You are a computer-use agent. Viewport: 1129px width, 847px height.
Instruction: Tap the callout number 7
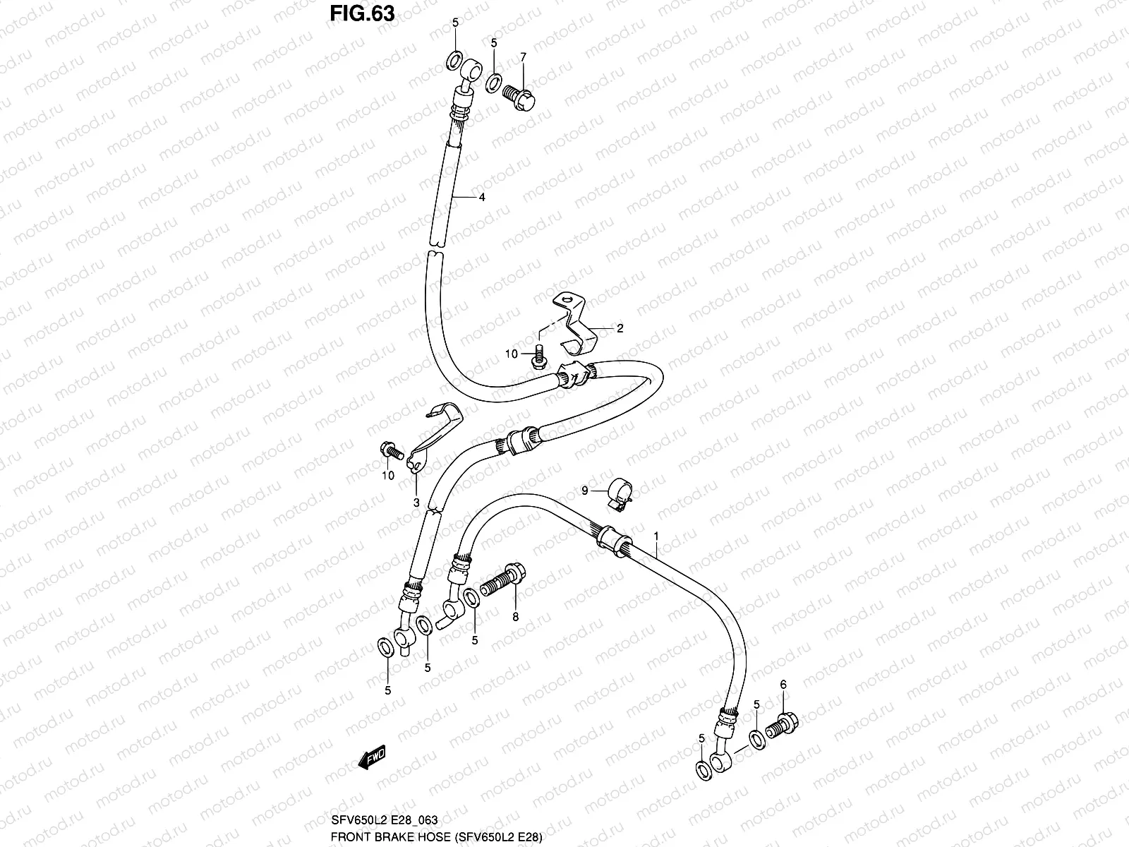(523, 56)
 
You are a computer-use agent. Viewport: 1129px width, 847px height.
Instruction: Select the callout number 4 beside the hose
(482, 198)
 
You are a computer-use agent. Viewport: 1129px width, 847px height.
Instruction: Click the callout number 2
(620, 328)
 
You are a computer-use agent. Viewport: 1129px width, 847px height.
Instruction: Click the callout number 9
(584, 490)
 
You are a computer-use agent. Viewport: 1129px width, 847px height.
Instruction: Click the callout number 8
(515, 617)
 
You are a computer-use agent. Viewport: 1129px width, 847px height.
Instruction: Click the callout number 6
(783, 684)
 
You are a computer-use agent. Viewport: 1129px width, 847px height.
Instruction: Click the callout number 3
(416, 503)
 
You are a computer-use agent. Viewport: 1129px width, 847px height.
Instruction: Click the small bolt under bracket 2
(538, 356)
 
